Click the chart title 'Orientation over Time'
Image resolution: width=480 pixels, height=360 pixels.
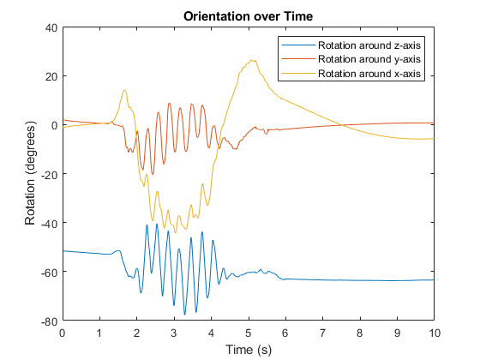point(248,16)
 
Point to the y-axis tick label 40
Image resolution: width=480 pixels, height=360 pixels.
point(51,27)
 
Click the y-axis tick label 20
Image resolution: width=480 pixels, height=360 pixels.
point(51,76)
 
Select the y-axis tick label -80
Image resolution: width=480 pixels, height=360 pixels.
point(50,321)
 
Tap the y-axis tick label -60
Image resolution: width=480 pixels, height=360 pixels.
point(50,273)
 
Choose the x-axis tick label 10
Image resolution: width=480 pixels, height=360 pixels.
point(434,333)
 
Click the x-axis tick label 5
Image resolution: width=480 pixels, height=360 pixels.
point(249,333)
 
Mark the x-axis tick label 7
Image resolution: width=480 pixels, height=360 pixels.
point(322,333)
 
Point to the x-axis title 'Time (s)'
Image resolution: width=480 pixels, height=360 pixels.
point(249,350)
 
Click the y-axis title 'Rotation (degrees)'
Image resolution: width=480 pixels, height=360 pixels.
point(30,173)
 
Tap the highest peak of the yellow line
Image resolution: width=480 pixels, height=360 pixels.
point(252,60)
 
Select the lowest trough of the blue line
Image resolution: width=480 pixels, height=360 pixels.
point(184,315)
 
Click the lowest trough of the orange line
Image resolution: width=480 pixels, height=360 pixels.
point(153,175)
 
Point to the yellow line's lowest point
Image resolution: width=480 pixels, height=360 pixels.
point(176,233)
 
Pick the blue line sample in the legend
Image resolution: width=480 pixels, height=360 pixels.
point(298,45)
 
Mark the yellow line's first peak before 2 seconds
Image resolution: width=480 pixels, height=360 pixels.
point(124,90)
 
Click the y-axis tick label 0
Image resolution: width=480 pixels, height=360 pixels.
point(55,125)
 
